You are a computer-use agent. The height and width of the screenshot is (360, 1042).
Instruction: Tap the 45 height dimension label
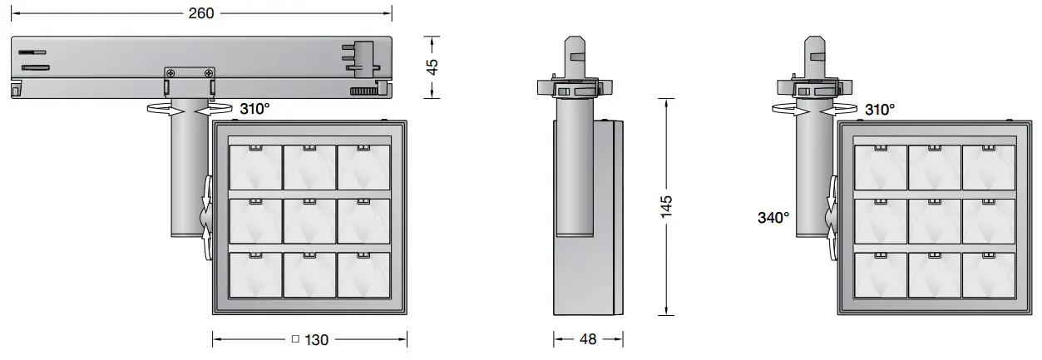(432, 67)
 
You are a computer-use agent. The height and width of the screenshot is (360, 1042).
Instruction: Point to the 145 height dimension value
(666, 206)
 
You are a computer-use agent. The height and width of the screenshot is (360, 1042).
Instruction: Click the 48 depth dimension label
(588, 339)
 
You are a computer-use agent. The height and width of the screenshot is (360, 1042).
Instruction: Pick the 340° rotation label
(773, 218)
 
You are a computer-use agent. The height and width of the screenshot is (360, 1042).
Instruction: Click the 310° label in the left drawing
(254, 108)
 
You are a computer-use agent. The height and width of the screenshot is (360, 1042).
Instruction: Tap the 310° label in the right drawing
(879, 109)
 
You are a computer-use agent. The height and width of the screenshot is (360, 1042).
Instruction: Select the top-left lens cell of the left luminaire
(255, 166)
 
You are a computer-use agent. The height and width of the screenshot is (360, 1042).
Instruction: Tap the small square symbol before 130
(294, 339)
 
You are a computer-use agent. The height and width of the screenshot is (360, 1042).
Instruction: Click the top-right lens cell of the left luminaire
(363, 166)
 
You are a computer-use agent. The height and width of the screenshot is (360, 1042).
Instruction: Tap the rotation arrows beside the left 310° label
(190, 108)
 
